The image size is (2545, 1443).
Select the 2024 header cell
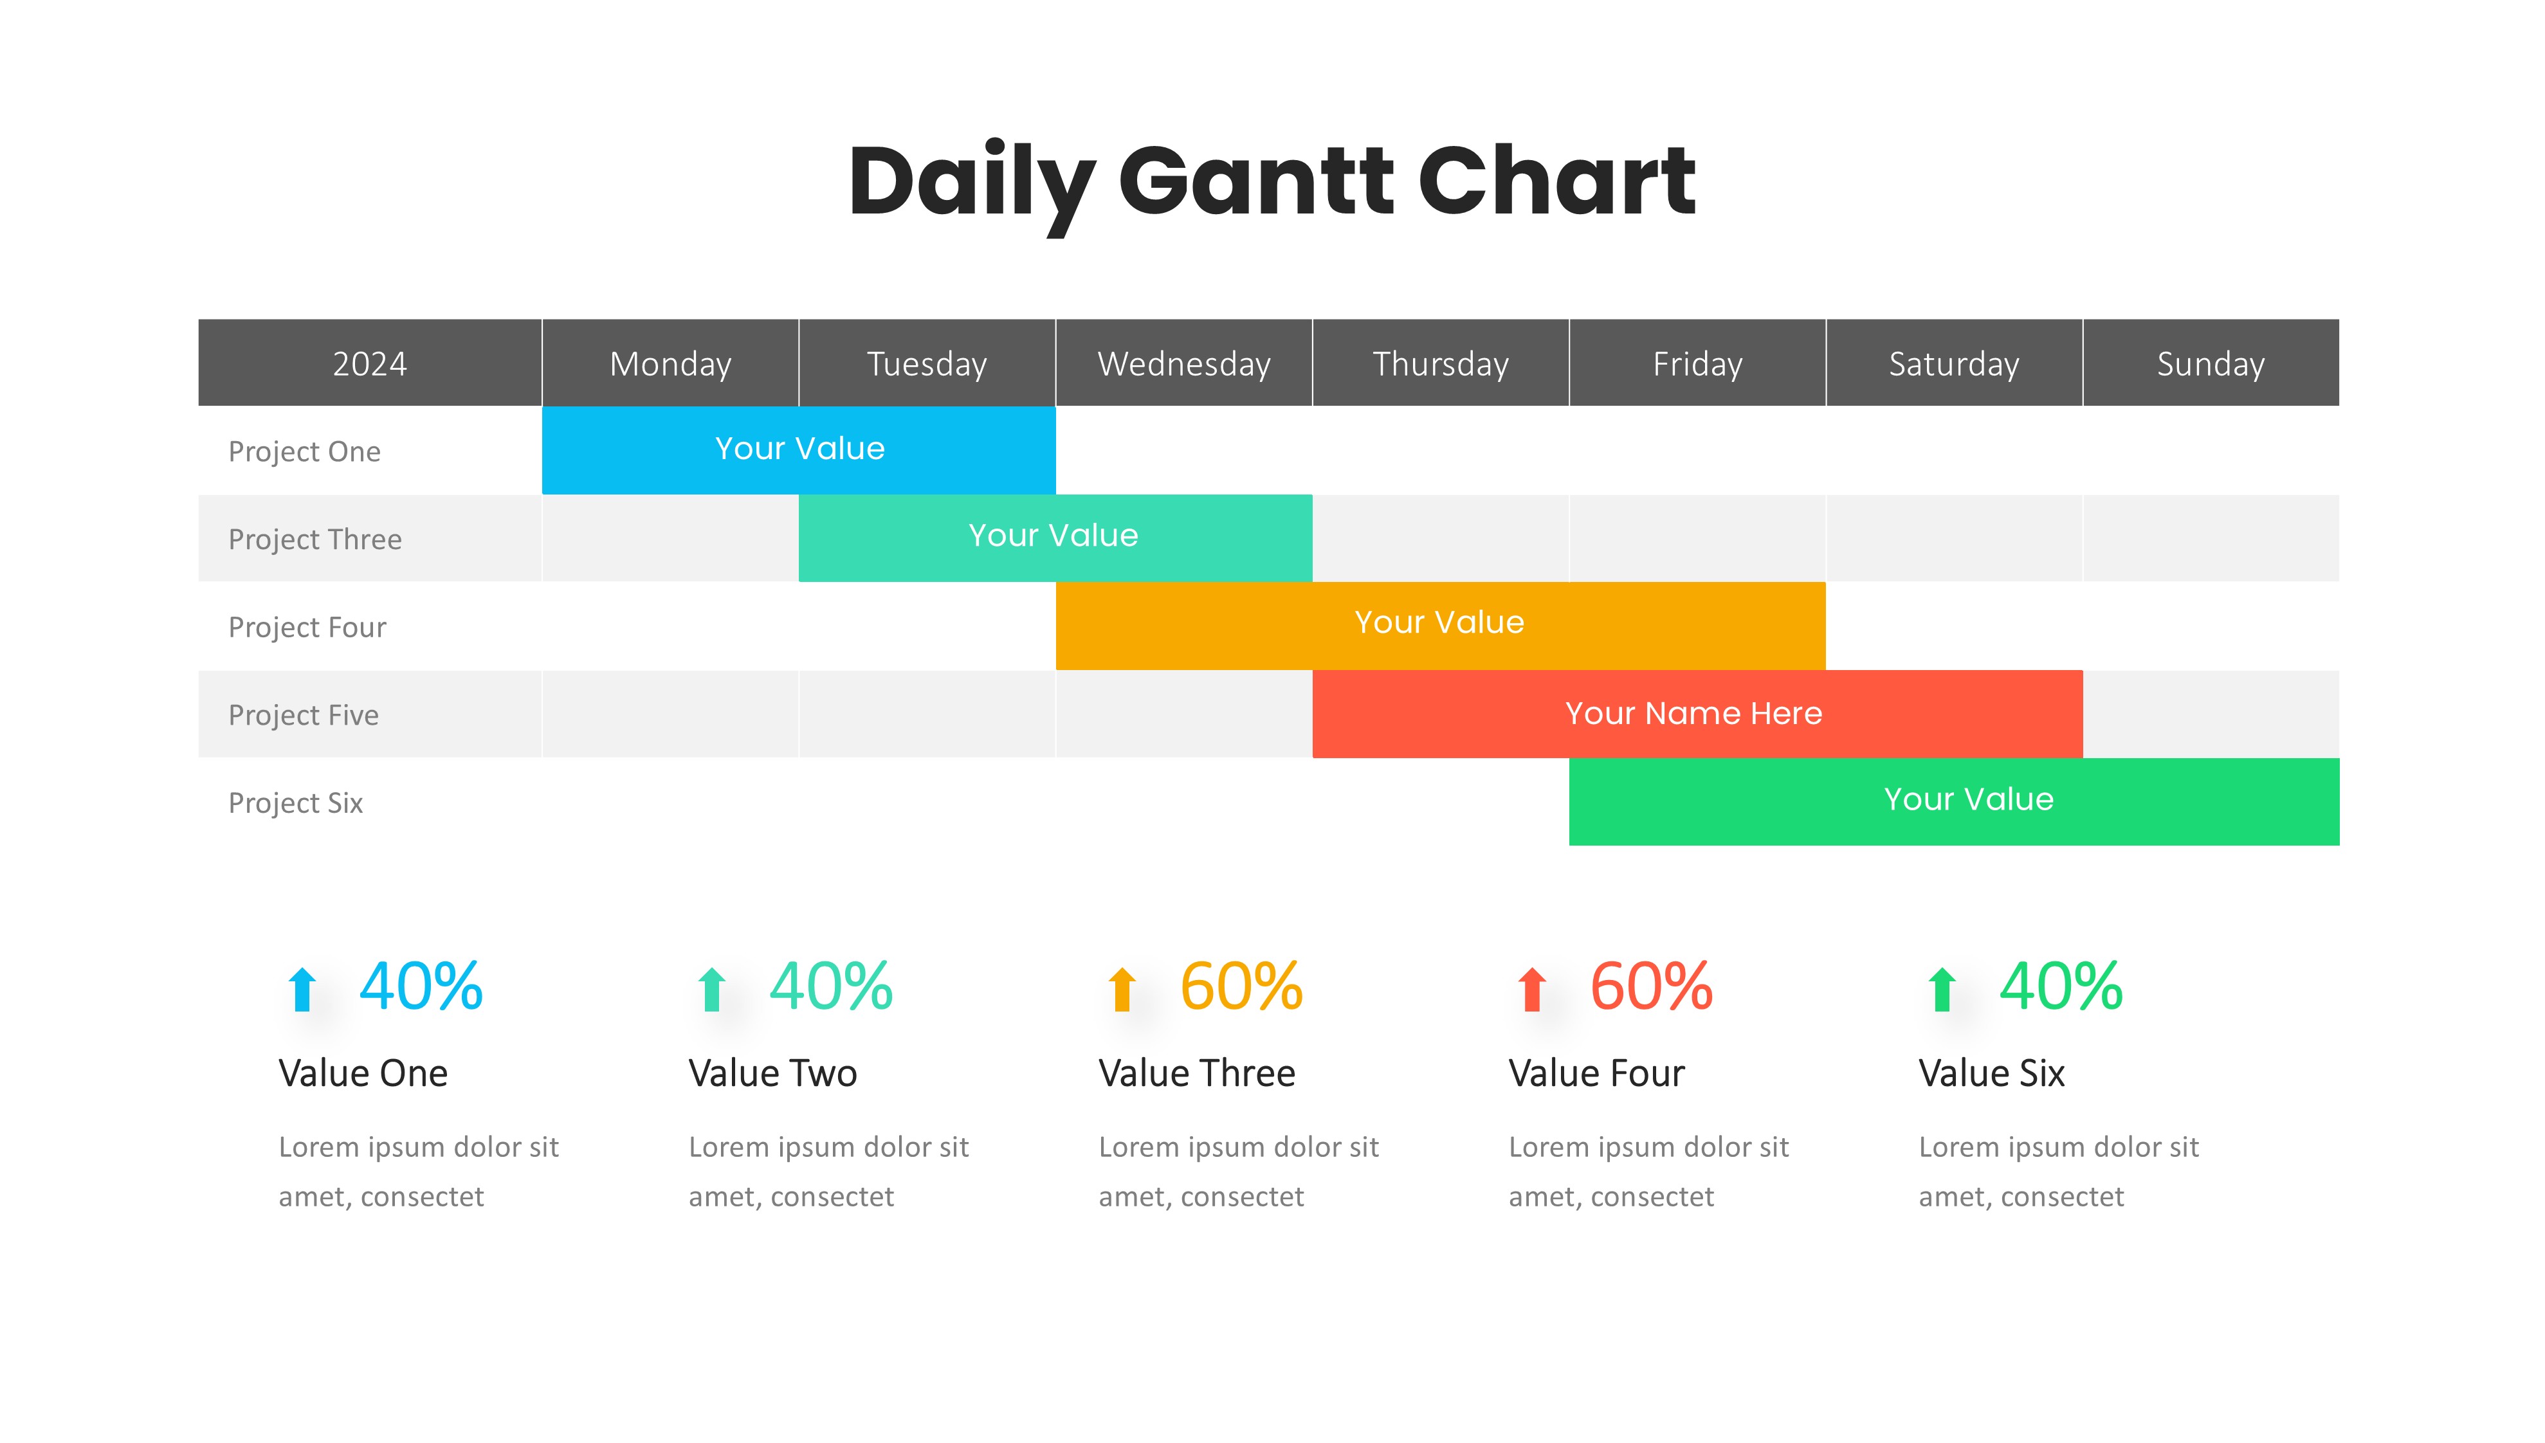pyautogui.click(x=370, y=363)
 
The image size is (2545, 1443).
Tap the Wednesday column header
pyautogui.click(x=1184, y=363)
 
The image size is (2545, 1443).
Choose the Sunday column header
pyautogui.click(x=2211, y=363)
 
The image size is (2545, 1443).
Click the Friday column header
pyautogui.click(x=1698, y=363)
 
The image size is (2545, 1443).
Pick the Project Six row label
pyautogui.click(x=295, y=803)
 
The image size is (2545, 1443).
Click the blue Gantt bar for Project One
pyautogui.click(x=799, y=450)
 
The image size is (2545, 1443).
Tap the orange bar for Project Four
pyautogui.click(x=1441, y=626)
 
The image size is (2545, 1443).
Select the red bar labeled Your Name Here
pyautogui.click(x=1698, y=714)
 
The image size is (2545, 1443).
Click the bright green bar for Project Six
pyautogui.click(x=1955, y=802)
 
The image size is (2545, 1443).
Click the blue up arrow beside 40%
pyautogui.click(x=302, y=989)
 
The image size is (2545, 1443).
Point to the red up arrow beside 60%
pyautogui.click(x=1532, y=989)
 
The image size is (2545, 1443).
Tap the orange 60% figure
pyautogui.click(x=1241, y=987)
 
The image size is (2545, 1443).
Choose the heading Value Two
pyautogui.click(x=773, y=1073)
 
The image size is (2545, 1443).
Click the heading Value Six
pyautogui.click(x=1992, y=1073)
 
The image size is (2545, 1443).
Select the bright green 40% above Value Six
pyautogui.click(x=2061, y=987)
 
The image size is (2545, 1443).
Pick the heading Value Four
pyautogui.click(x=1596, y=1073)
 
